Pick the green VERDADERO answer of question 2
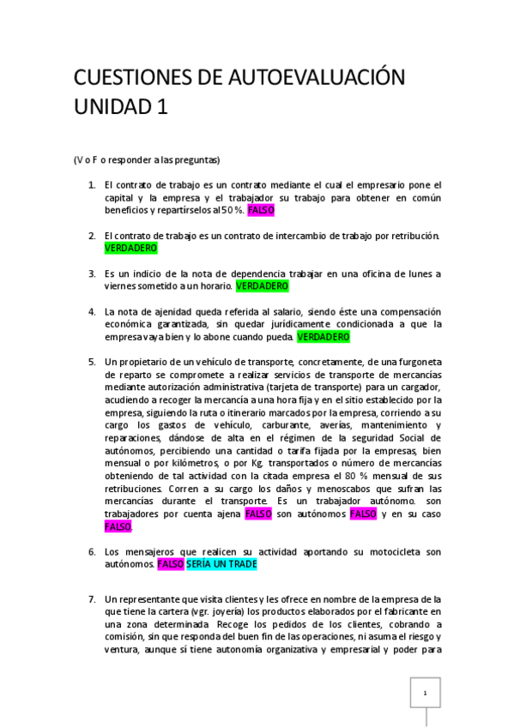[x=130, y=248]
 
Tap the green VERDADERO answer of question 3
[x=262, y=286]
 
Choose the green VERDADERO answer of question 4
[x=324, y=338]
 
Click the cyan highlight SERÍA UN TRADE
[x=221, y=565]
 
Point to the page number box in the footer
[x=424, y=693]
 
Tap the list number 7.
[x=92, y=598]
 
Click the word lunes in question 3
[x=414, y=273]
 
